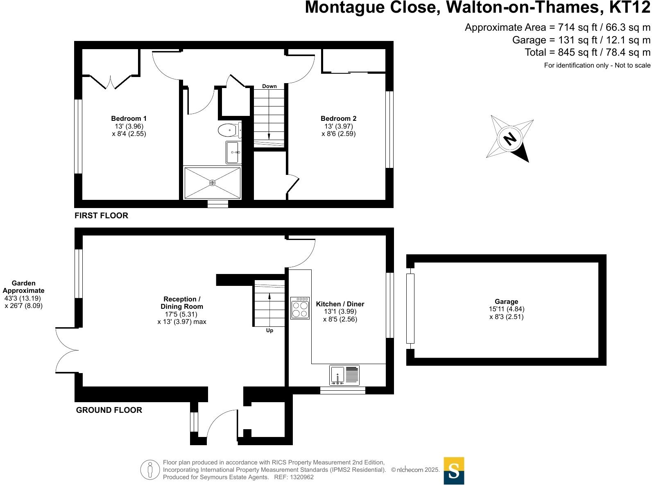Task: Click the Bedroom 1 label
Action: (x=129, y=119)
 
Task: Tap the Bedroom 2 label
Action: (x=338, y=119)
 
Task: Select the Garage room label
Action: (x=506, y=302)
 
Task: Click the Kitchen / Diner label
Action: (x=340, y=304)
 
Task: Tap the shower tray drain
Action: (x=212, y=183)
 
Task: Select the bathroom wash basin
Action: (x=233, y=152)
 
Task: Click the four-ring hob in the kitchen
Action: (x=300, y=308)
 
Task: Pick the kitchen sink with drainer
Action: (x=344, y=375)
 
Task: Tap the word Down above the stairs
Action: (x=269, y=86)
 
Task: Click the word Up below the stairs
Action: (x=269, y=331)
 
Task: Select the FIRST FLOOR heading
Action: (x=101, y=215)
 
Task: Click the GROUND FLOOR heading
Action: (x=109, y=410)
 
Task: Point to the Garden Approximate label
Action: (x=24, y=287)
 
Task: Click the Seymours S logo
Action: (x=454, y=471)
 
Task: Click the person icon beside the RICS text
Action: (x=150, y=470)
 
